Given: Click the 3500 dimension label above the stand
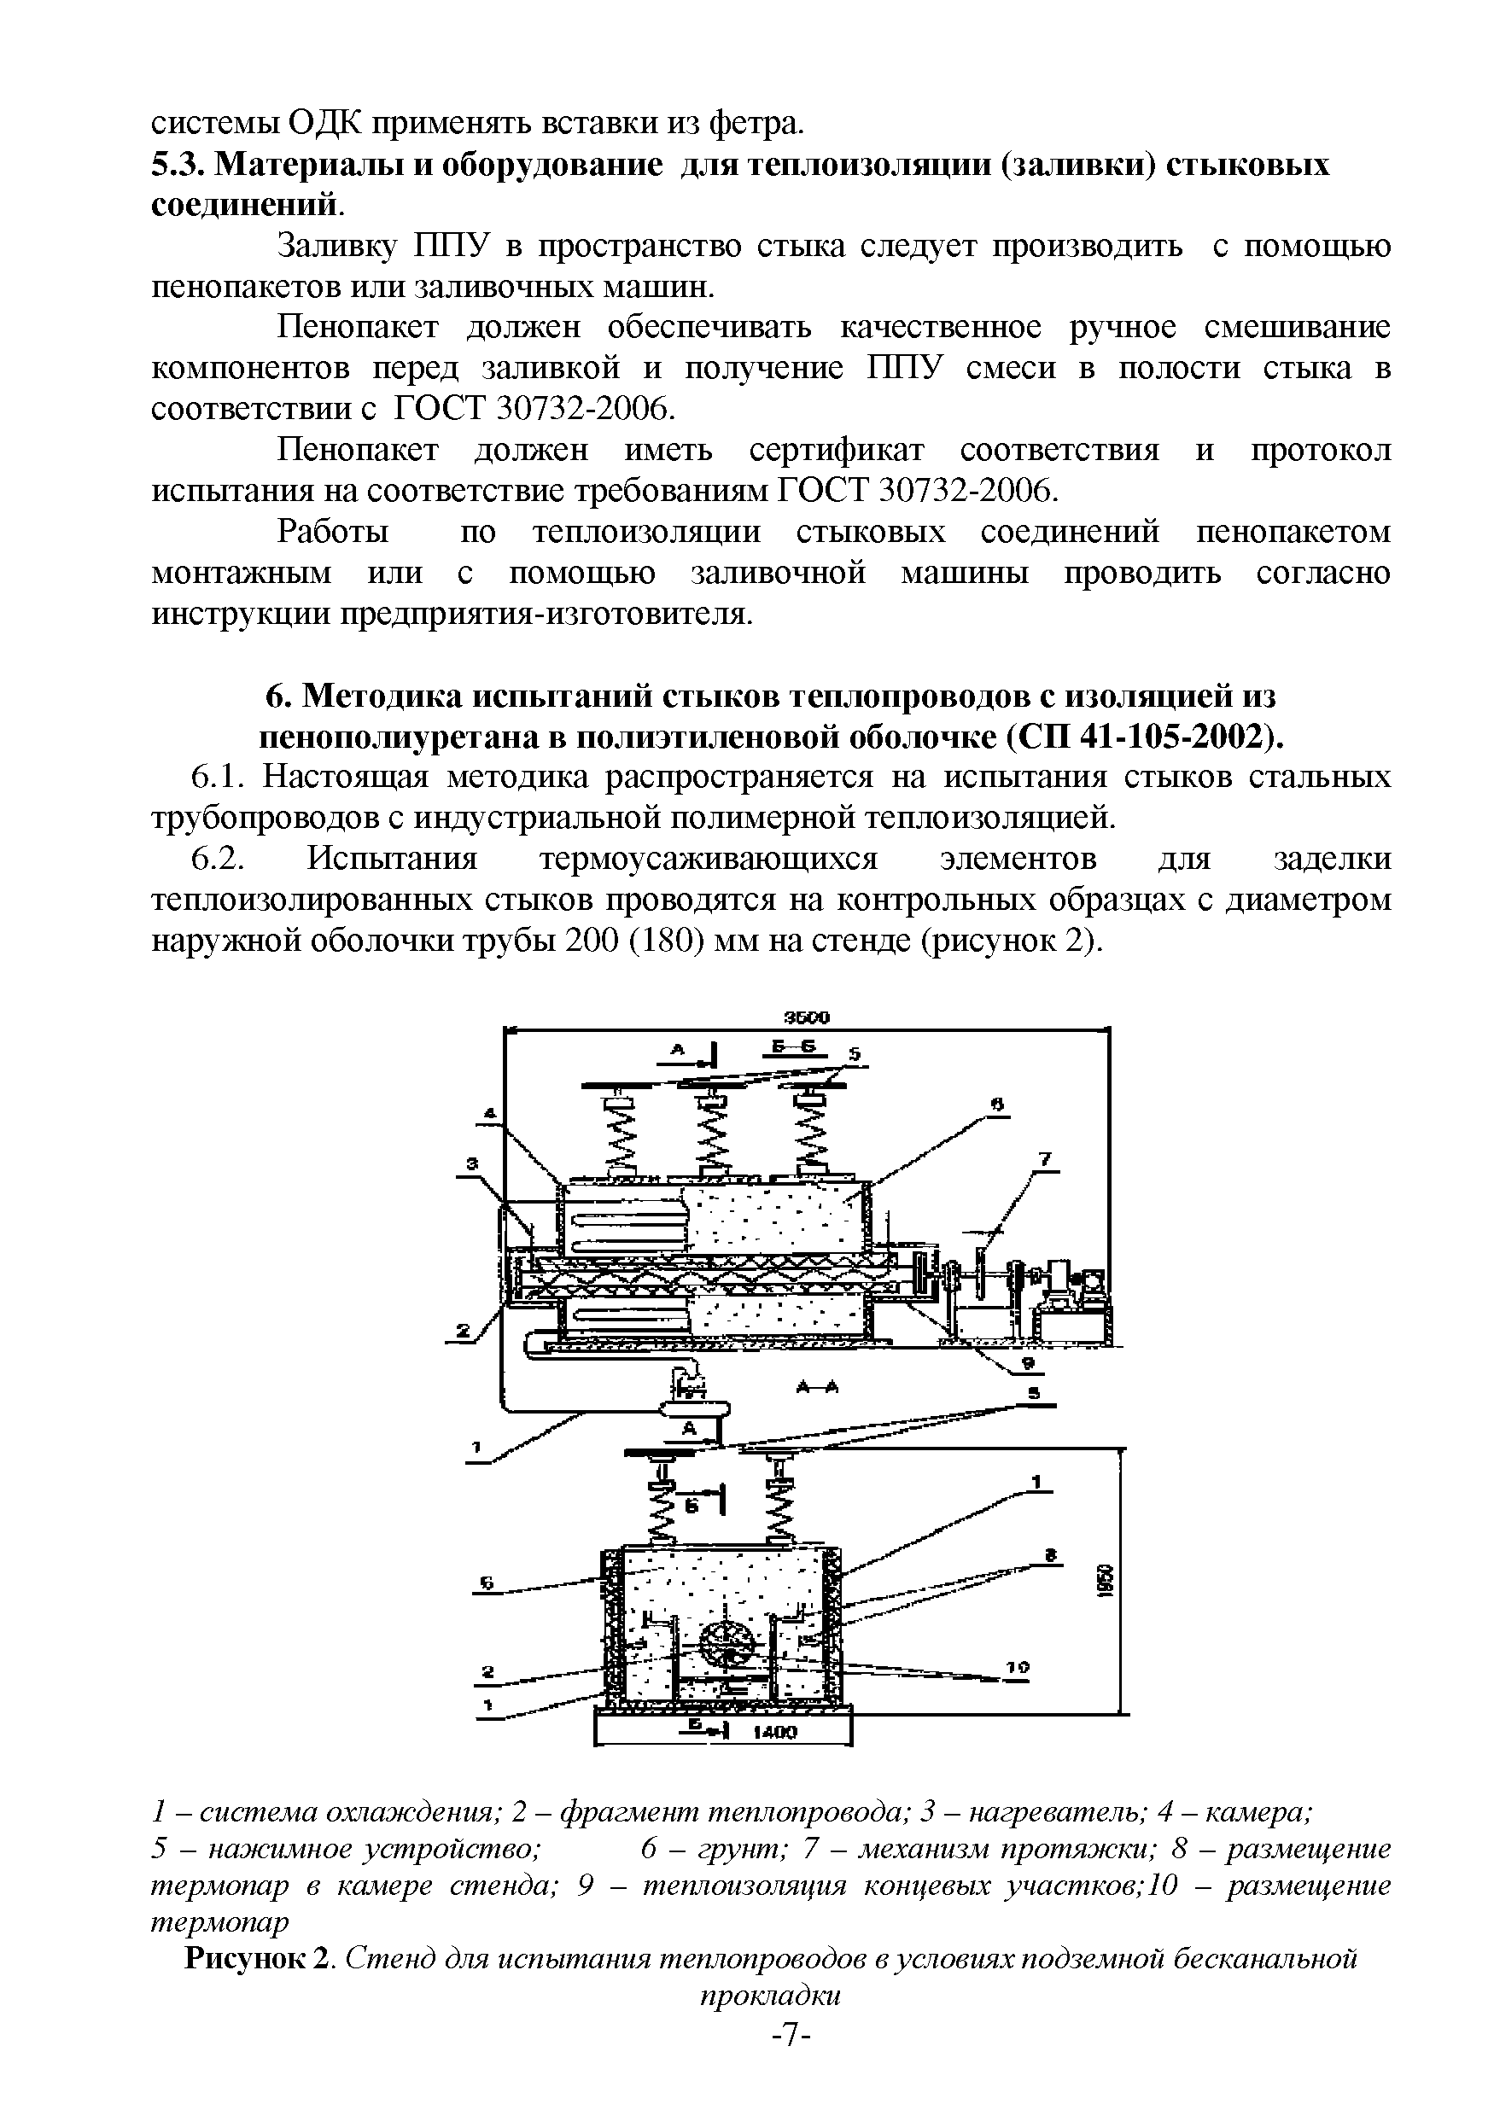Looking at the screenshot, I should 807,1017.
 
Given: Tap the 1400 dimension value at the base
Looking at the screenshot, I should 775,1733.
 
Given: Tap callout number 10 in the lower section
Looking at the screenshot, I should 1018,1666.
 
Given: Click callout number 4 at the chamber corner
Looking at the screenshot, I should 489,1114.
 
